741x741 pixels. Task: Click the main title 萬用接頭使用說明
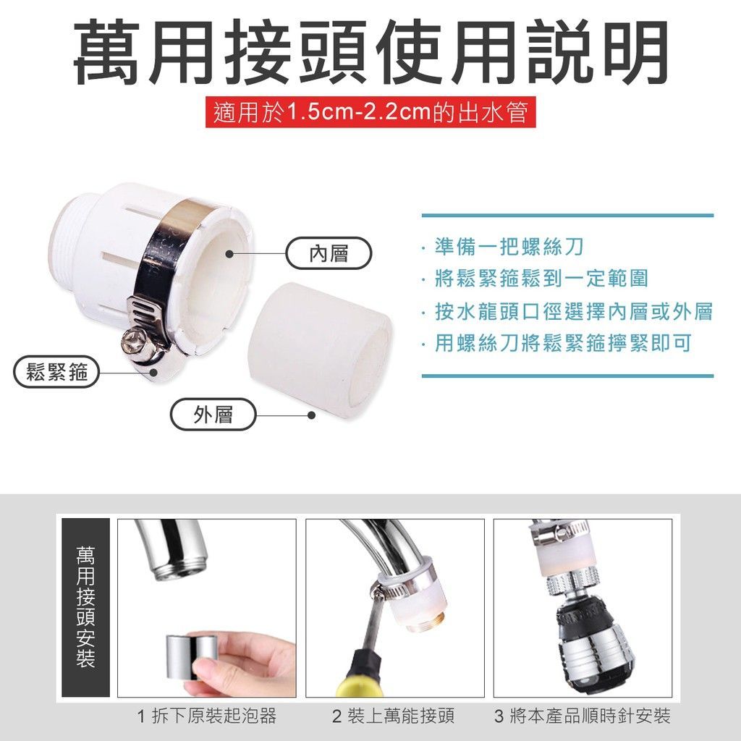pos(371,51)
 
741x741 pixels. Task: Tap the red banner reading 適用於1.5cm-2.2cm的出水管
pos(370,112)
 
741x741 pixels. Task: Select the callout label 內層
pos(329,254)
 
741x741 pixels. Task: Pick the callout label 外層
pos(213,415)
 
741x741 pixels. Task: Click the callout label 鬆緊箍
pos(56,372)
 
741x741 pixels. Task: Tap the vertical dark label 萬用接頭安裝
pos(85,607)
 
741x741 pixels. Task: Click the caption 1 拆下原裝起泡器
pos(206,716)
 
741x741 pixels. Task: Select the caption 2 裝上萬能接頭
pos(393,716)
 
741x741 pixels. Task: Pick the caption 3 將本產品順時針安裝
pos(583,716)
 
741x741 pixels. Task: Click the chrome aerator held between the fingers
pos(191,657)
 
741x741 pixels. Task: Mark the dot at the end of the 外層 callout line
pos(311,415)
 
